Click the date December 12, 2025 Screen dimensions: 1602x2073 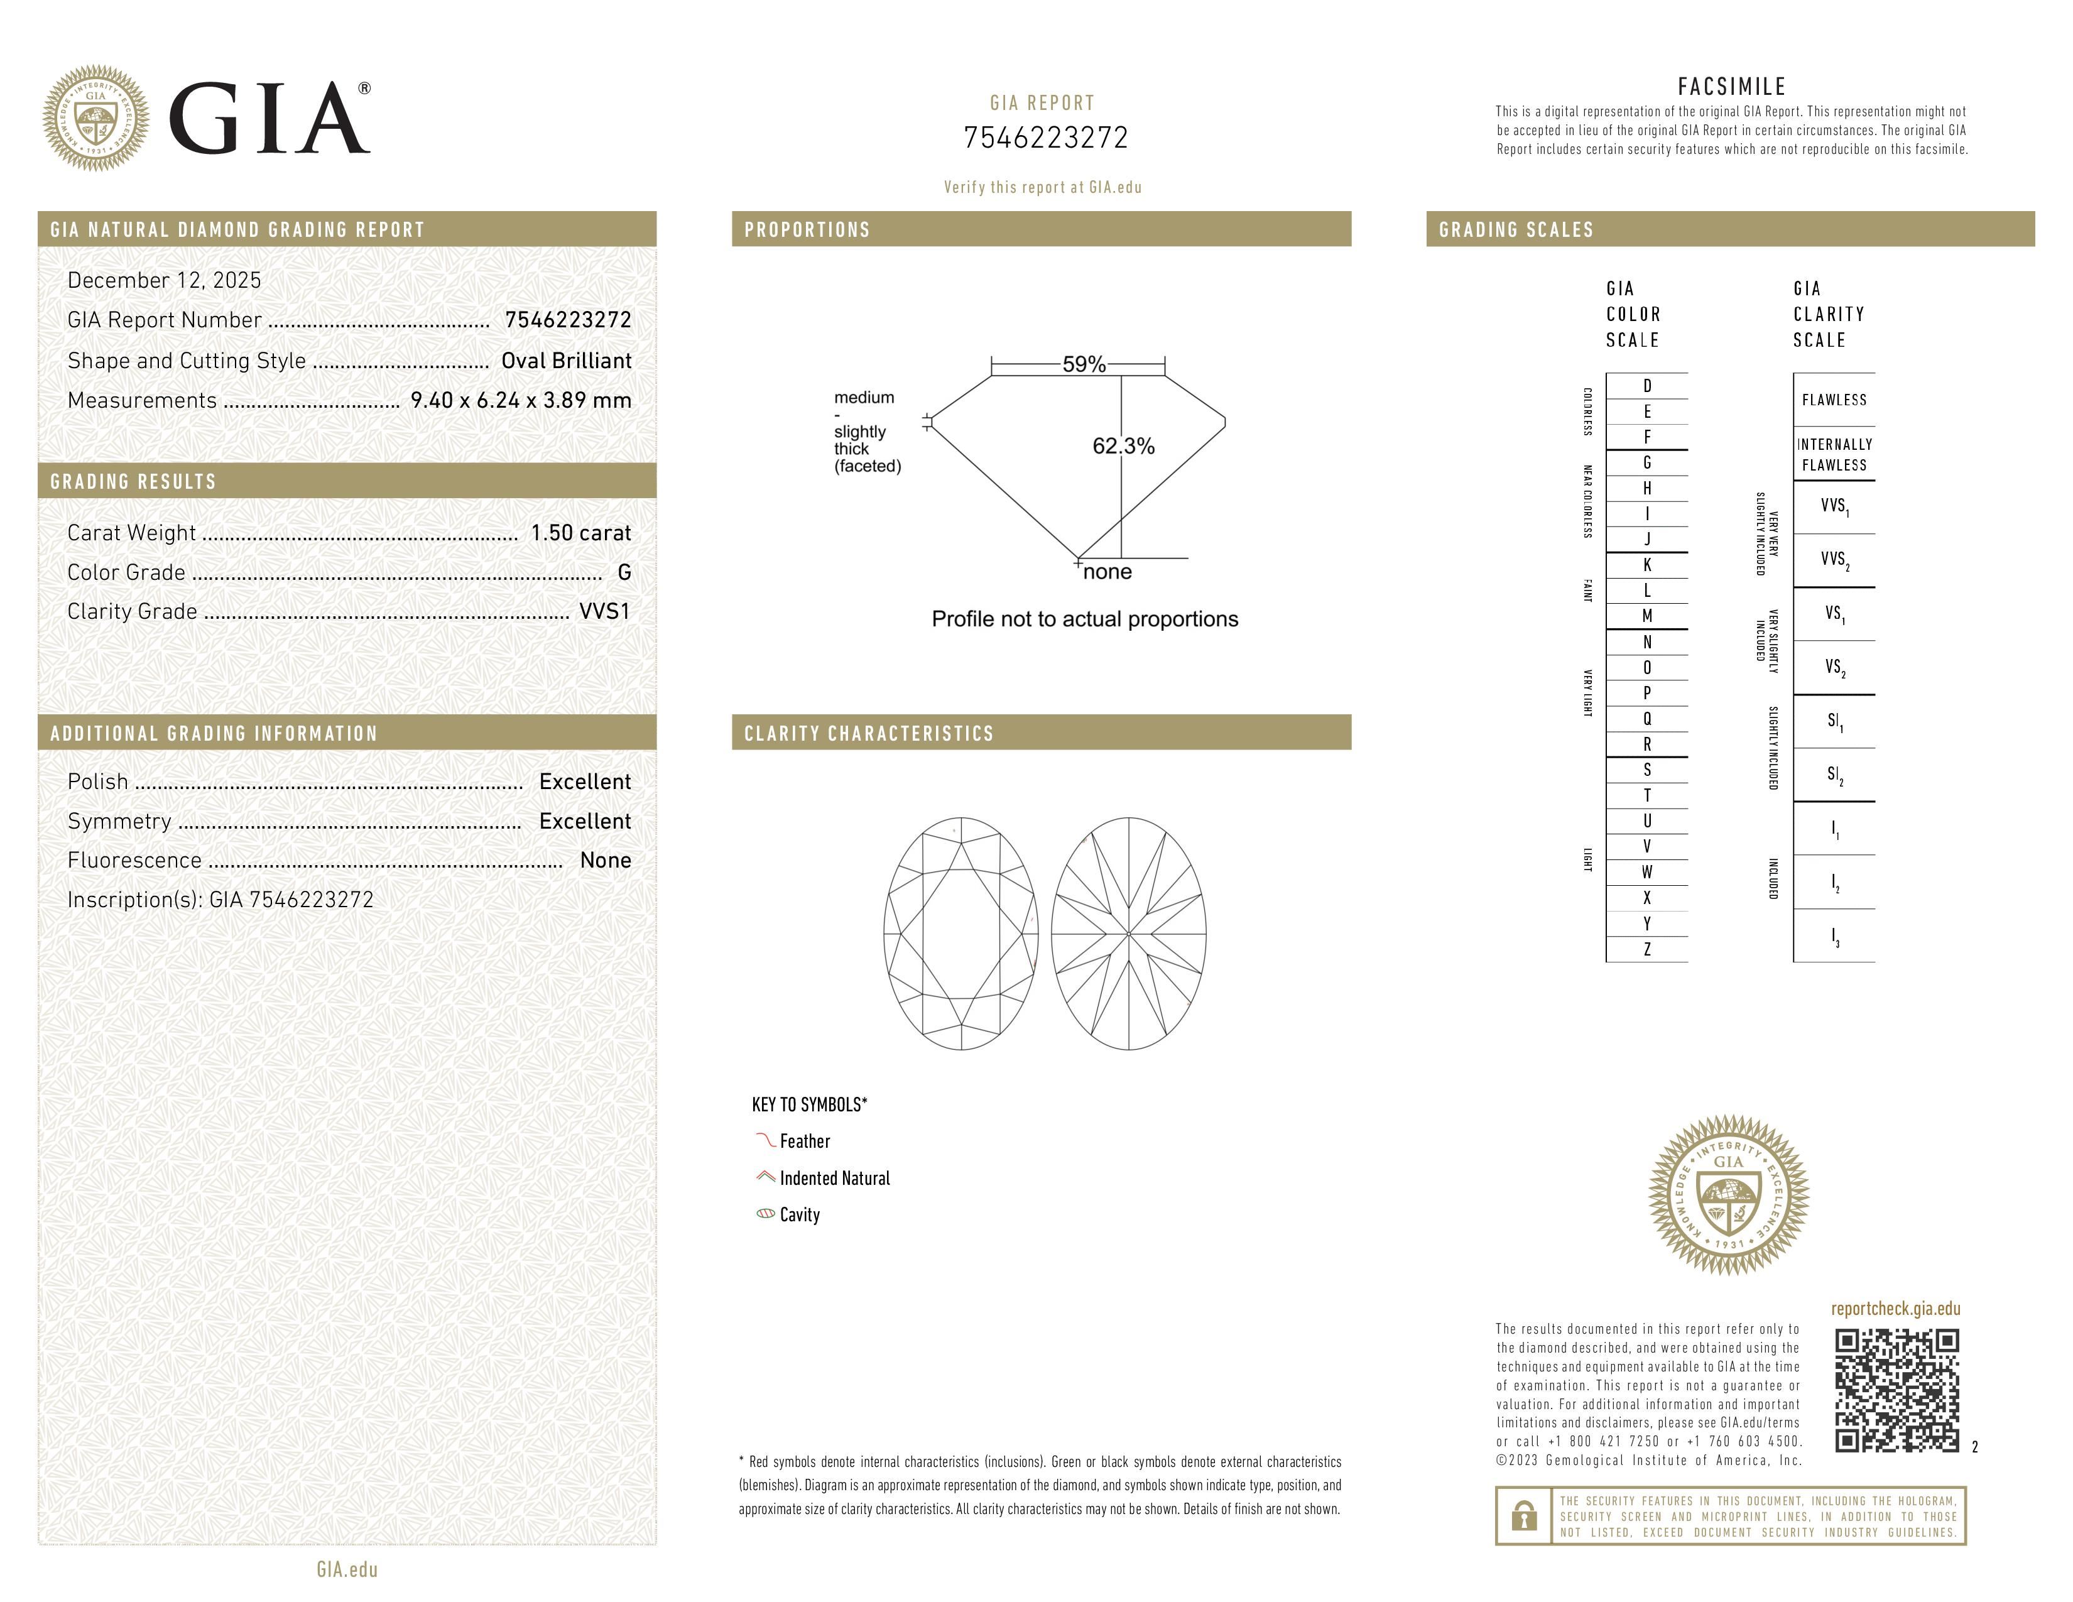[x=164, y=280]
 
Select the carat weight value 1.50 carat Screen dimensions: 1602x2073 [x=580, y=532]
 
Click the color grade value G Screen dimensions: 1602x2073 [x=624, y=572]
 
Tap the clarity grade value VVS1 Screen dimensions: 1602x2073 [x=604, y=611]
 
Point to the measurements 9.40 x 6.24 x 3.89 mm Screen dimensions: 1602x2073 [x=520, y=401]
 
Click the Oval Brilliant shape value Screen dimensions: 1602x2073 [x=566, y=361]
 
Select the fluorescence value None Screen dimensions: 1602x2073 [x=606, y=860]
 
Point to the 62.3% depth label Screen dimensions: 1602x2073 [x=1123, y=446]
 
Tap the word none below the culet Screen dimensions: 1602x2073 [x=1107, y=571]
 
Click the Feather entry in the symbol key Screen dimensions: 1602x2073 [x=804, y=1141]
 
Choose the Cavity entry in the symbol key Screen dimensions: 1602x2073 [x=799, y=1215]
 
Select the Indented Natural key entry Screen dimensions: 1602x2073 [x=834, y=1178]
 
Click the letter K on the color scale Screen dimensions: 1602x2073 [x=1647, y=565]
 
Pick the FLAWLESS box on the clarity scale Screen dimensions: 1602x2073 [x=1834, y=400]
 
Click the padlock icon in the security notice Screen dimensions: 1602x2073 [x=1523, y=1516]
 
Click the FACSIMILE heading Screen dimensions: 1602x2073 [x=1731, y=86]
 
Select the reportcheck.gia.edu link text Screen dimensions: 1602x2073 [x=1895, y=1309]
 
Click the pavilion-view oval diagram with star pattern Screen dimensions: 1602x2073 [x=1129, y=934]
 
